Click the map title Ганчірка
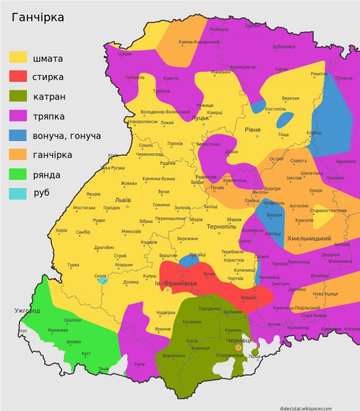click(x=38, y=18)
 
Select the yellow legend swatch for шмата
click(x=18, y=57)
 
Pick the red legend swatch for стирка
click(x=18, y=76)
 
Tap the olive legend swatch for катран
click(x=18, y=96)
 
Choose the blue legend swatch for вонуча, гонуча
click(x=18, y=135)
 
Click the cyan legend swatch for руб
click(x=18, y=193)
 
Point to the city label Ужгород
click(x=27, y=310)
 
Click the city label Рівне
click(x=253, y=129)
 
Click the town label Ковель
click(x=171, y=78)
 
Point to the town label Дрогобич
click(x=104, y=247)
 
